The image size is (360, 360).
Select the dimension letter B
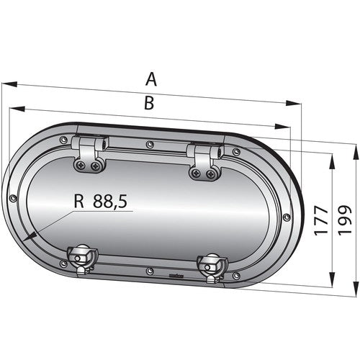(x=148, y=103)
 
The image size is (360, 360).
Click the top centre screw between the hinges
(x=149, y=145)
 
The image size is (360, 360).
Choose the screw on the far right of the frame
(x=287, y=217)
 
